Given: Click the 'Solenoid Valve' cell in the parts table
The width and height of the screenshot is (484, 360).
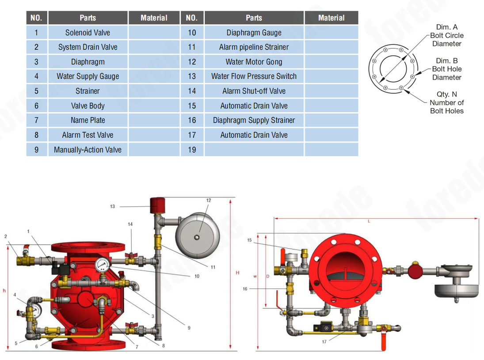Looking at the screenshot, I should click(88, 33).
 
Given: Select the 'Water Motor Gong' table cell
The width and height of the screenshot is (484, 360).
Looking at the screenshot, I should click(254, 62).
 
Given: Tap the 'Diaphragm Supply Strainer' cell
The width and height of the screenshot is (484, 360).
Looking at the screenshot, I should click(254, 120).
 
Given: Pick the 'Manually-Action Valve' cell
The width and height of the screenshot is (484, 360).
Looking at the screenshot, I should click(88, 150).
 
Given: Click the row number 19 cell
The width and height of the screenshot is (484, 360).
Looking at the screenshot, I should click(191, 150).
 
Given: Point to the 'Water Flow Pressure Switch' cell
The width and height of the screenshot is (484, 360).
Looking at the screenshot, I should click(254, 76).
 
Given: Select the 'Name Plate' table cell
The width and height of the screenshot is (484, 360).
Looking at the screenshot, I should click(88, 120).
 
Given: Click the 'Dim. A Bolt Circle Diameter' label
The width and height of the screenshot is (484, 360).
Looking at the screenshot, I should click(447, 35).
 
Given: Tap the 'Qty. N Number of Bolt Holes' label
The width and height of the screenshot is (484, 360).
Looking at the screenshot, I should click(447, 102).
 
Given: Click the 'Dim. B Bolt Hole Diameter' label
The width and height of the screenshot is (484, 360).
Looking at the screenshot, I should click(447, 69).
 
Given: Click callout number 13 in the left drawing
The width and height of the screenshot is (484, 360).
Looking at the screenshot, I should click(112, 206).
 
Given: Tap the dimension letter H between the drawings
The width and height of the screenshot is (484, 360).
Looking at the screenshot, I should click(237, 273).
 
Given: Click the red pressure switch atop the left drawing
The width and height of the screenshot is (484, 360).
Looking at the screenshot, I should click(157, 205).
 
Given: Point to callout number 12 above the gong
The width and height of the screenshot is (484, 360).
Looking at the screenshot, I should click(208, 201).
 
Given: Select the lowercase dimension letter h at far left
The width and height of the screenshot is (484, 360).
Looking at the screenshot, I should click(4, 290).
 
